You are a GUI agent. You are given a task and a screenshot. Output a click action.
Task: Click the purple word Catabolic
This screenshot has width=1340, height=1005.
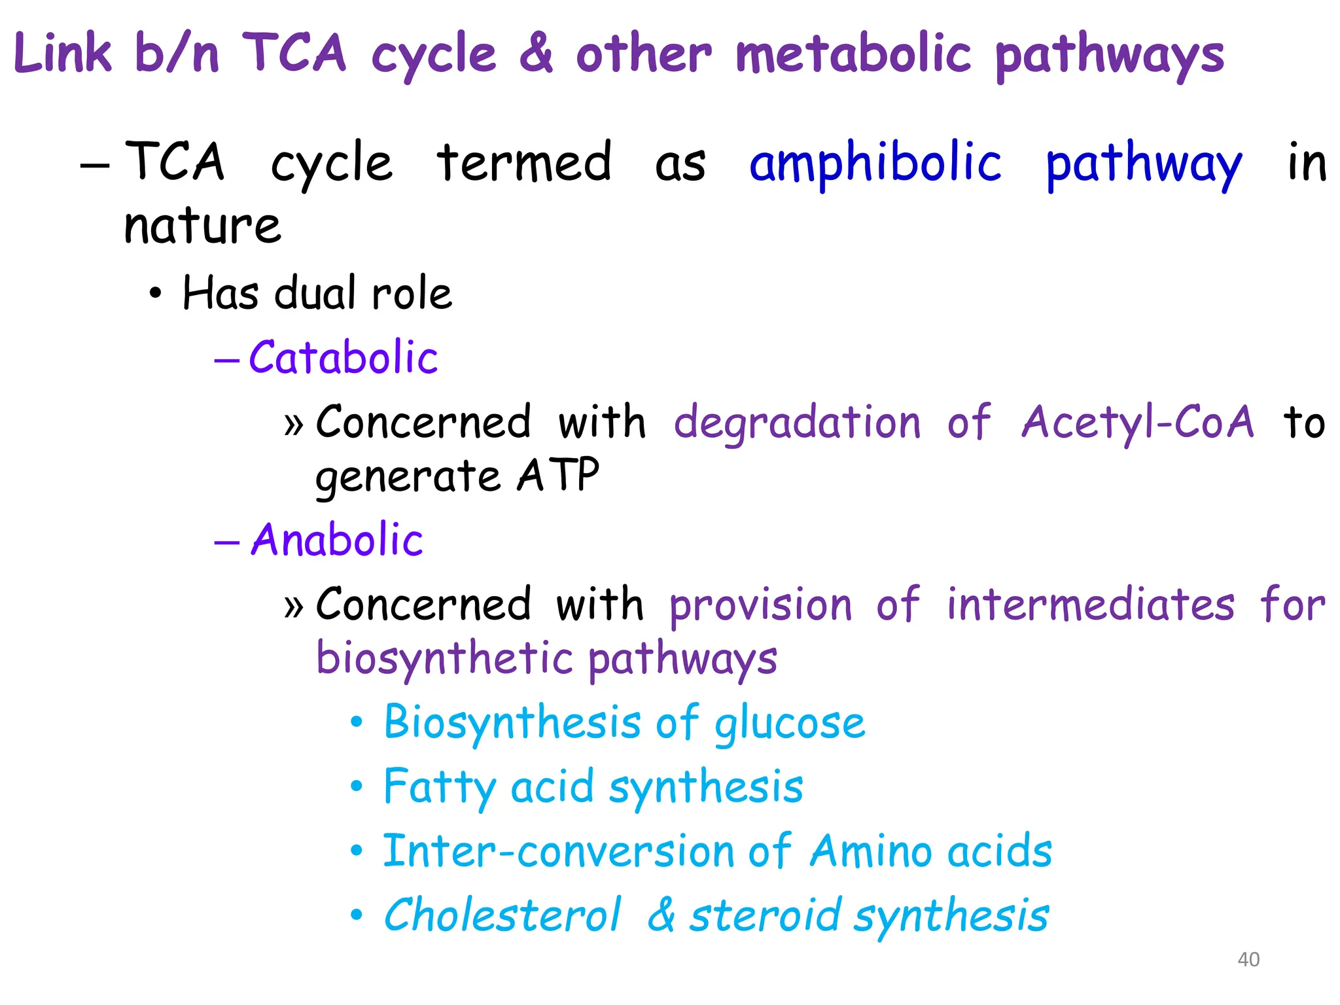click(x=343, y=358)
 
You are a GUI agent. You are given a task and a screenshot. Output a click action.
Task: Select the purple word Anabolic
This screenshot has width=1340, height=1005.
click(x=337, y=540)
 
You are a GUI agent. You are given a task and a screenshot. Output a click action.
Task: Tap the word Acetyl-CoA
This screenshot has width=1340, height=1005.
click(x=1138, y=422)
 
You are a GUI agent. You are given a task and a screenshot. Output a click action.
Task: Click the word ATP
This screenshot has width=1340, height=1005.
click(x=558, y=475)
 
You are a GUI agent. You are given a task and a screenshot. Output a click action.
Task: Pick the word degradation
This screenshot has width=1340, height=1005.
click(x=797, y=423)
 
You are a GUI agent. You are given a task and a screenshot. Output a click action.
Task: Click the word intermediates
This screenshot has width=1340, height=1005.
click(x=1091, y=605)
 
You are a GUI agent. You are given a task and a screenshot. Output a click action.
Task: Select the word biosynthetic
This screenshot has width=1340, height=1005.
click(x=445, y=658)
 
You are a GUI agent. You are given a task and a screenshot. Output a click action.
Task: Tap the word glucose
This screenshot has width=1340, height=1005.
click(x=790, y=724)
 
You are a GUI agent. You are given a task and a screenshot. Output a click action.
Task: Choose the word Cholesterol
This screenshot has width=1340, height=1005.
click(x=502, y=915)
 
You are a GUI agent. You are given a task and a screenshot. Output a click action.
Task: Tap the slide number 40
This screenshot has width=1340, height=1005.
click(x=1248, y=959)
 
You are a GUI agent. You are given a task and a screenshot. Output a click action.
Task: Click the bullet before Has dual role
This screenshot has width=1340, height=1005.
click(x=154, y=294)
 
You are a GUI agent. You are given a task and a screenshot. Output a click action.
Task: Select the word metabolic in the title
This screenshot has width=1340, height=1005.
click(x=853, y=54)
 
